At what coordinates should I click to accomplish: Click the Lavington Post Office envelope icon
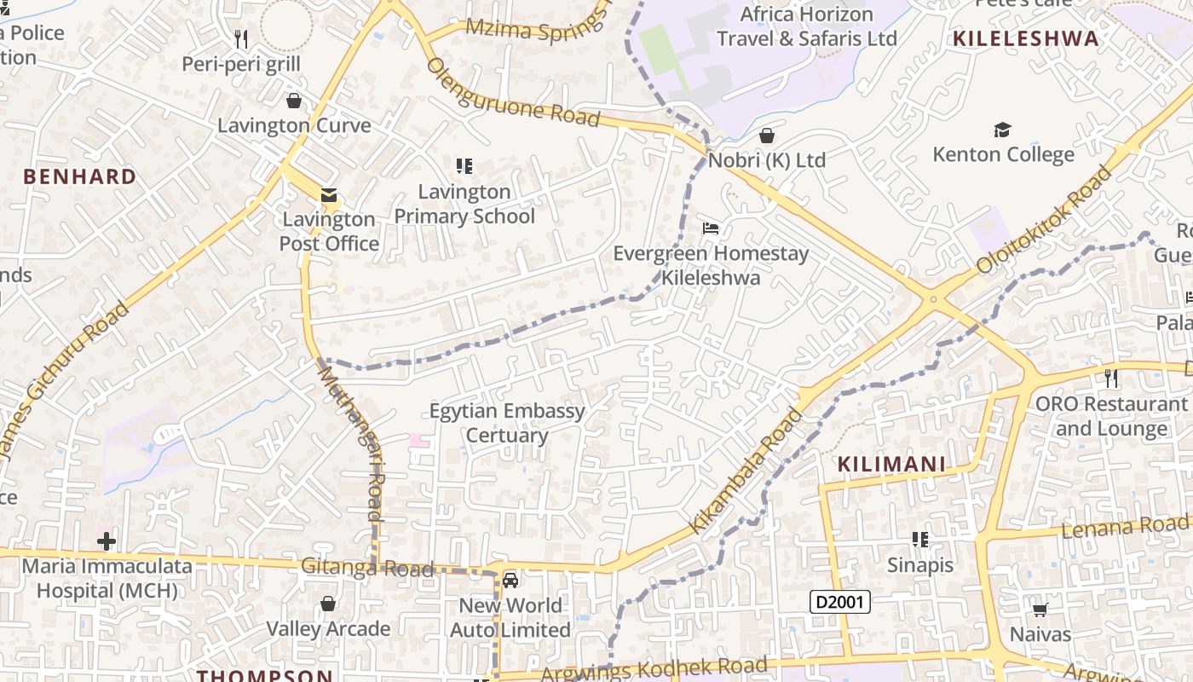click(x=329, y=195)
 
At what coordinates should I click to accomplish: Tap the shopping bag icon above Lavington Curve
click(x=294, y=101)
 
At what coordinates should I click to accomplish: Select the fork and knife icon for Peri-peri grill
click(x=241, y=38)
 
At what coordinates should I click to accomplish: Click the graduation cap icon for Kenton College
click(x=1002, y=130)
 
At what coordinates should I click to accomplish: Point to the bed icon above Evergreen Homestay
click(x=711, y=228)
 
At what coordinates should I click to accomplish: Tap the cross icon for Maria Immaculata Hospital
click(x=107, y=540)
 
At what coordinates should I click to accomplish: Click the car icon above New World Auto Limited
click(x=510, y=581)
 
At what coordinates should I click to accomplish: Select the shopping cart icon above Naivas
click(x=1040, y=609)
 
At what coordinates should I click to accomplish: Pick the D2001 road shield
click(x=839, y=602)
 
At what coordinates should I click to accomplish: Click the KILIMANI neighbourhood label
click(x=891, y=464)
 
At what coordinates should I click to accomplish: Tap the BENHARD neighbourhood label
click(x=79, y=176)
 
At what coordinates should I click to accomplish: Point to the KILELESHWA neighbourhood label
click(x=1026, y=38)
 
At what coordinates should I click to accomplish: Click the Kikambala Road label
click(x=745, y=471)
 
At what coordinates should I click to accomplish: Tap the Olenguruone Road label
click(x=513, y=92)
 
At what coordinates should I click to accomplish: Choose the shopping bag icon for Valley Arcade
click(x=328, y=604)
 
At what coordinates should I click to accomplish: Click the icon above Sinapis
click(x=919, y=539)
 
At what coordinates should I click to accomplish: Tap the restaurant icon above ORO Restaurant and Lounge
click(x=1111, y=377)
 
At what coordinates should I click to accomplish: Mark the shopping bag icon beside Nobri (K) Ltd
click(x=767, y=136)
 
